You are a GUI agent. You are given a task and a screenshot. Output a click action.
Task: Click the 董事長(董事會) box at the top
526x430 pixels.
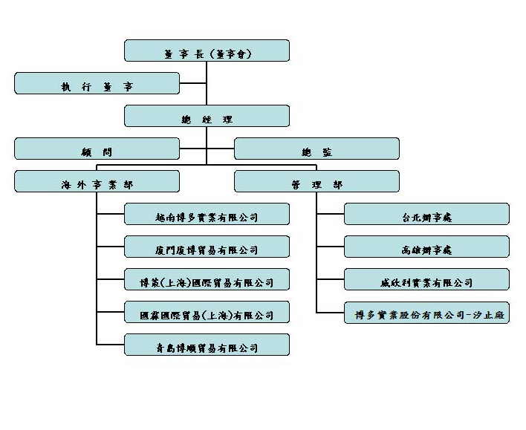coord(207,51)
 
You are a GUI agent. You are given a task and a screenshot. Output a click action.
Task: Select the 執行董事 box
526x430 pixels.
coord(97,83)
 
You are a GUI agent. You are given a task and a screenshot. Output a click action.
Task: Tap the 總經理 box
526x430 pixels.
coord(207,116)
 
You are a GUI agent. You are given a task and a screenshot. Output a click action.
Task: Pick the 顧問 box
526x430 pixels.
coord(97,149)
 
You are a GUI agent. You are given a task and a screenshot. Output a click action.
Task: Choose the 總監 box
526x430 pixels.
coord(316,149)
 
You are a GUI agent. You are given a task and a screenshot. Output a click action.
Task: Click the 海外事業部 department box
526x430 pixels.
coord(97,181)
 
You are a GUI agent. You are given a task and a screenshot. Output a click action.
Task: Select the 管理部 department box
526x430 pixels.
coord(316,181)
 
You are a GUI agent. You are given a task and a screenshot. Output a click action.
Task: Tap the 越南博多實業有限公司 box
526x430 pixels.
coord(207,214)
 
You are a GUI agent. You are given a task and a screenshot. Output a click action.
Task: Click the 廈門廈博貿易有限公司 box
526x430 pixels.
coord(207,247)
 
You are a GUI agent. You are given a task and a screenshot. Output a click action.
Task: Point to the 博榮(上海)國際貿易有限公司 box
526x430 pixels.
coord(207,279)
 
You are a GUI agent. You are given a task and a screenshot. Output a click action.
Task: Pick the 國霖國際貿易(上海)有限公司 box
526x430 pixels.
coord(207,312)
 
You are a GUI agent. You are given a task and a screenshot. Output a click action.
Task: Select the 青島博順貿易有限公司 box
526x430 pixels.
coord(207,345)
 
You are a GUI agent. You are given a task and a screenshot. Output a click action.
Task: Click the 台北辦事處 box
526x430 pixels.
coord(426,214)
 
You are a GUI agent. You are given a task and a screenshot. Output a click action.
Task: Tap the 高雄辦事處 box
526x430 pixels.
coord(426,247)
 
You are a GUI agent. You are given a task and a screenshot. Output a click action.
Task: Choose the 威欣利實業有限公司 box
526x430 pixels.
coord(426,279)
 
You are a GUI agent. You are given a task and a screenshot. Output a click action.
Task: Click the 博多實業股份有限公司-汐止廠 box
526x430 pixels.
coord(426,312)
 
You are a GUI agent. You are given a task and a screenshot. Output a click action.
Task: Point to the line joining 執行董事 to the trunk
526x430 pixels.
coord(193,83)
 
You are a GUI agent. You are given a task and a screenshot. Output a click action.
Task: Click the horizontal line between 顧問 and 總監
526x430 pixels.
coord(207,149)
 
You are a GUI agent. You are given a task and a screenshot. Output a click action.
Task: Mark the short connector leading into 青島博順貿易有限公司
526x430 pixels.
coord(111,345)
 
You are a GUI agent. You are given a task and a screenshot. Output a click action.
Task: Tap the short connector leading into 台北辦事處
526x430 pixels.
coord(331,214)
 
